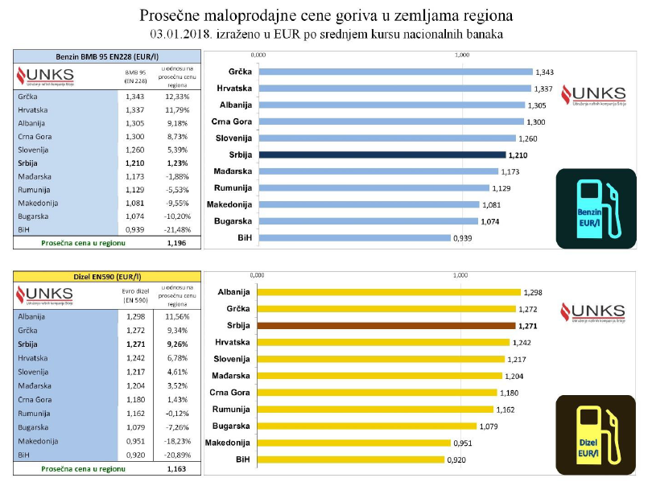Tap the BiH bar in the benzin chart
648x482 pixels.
pyautogui.click(x=353, y=237)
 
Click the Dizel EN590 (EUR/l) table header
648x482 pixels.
pyautogui.click(x=106, y=277)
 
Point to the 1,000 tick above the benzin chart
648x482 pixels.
pyautogui.click(x=462, y=55)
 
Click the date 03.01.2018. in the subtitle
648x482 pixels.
pyautogui.click(x=183, y=34)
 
